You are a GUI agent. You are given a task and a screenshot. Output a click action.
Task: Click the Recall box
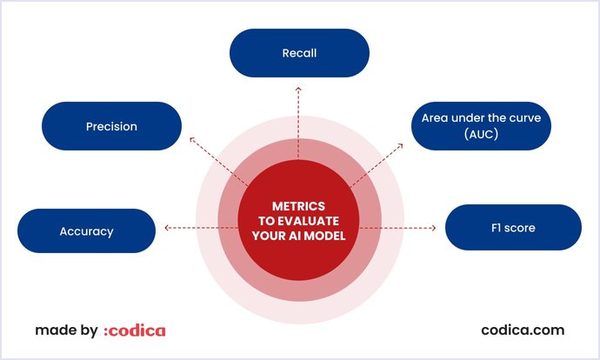coord(299,52)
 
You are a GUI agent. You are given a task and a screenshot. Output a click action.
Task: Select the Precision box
coord(111,126)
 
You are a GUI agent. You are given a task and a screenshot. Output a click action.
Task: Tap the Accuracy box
coord(86,230)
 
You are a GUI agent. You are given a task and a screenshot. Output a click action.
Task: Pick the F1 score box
coord(513,228)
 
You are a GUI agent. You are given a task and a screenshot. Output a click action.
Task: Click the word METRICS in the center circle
coord(299,206)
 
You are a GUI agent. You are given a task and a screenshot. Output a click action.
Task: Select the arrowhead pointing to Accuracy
coord(165,229)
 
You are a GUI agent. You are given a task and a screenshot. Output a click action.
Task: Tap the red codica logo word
coord(138,330)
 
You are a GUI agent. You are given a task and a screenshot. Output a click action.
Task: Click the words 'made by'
coord(66,330)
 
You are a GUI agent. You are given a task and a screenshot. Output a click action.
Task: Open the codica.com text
coord(523,330)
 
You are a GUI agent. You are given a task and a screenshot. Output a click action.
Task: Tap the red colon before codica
coord(106,331)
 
